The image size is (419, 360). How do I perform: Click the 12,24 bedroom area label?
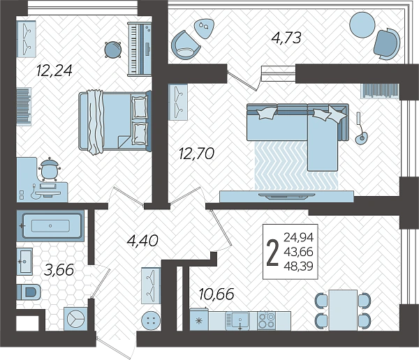[54, 70]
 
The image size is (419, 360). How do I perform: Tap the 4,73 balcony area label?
[286, 38]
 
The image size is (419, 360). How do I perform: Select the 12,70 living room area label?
[196, 153]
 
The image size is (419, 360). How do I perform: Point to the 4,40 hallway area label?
[142, 241]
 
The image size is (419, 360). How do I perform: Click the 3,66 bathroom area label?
[59, 270]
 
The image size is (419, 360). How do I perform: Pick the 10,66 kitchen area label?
[216, 294]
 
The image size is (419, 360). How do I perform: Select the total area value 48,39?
[298, 267]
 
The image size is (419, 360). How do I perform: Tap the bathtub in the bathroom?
[51, 225]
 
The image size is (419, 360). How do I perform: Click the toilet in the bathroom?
[29, 292]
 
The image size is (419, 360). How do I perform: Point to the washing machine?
[75, 319]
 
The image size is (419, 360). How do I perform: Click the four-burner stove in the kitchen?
[267, 320]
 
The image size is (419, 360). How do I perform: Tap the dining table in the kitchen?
[343, 310]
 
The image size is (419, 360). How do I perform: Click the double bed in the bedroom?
[115, 121]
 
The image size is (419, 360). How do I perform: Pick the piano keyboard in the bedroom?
[140, 49]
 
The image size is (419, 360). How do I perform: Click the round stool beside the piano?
[112, 50]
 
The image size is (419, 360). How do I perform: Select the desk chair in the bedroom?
[50, 170]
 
